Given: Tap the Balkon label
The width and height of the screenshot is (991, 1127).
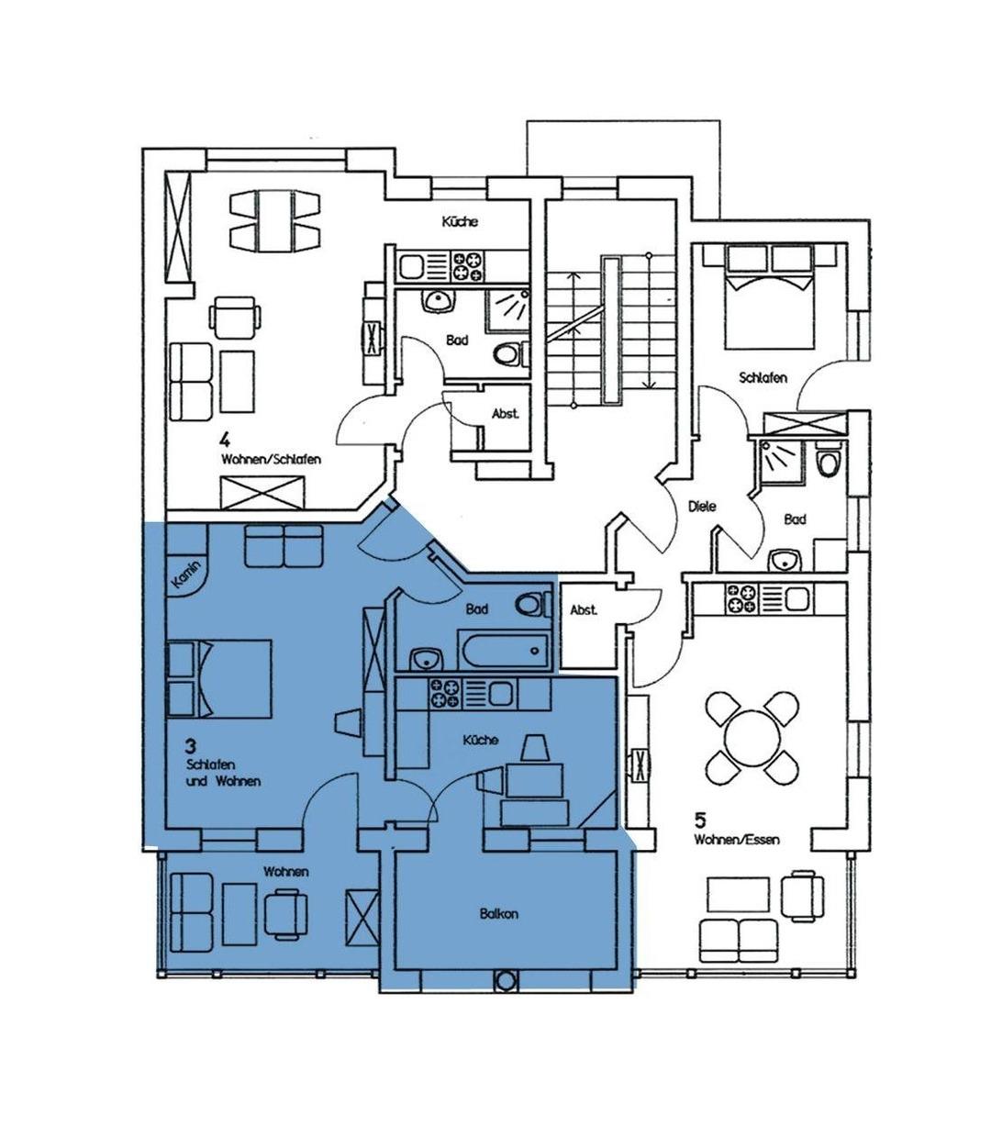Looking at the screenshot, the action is click(x=499, y=913).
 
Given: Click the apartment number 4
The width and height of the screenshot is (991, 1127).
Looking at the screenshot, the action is click(x=225, y=440).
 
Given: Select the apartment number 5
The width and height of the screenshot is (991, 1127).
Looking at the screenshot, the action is click(x=700, y=820).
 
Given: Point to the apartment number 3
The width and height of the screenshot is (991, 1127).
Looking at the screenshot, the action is click(x=191, y=744).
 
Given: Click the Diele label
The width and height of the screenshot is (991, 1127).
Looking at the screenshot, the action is click(x=702, y=507).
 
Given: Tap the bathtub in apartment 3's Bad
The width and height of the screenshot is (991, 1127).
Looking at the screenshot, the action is click(x=503, y=650).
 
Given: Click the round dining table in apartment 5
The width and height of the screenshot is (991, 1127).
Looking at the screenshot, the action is click(x=752, y=739).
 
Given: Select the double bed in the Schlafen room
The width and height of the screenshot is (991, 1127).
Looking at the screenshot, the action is click(x=770, y=296).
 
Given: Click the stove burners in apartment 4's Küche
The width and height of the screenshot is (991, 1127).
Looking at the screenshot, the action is click(x=468, y=266).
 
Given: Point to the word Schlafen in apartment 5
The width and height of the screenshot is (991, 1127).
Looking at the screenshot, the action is click(x=763, y=378).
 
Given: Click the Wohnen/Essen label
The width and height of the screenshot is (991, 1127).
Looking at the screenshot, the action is click(x=736, y=840).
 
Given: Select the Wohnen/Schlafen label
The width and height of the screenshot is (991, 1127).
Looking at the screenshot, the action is click(x=271, y=460).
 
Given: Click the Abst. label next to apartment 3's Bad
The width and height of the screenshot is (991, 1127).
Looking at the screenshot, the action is click(x=584, y=610).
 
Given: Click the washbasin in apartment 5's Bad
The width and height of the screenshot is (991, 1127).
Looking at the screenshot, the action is click(x=785, y=562).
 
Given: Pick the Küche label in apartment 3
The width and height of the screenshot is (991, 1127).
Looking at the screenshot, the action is click(x=481, y=740).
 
